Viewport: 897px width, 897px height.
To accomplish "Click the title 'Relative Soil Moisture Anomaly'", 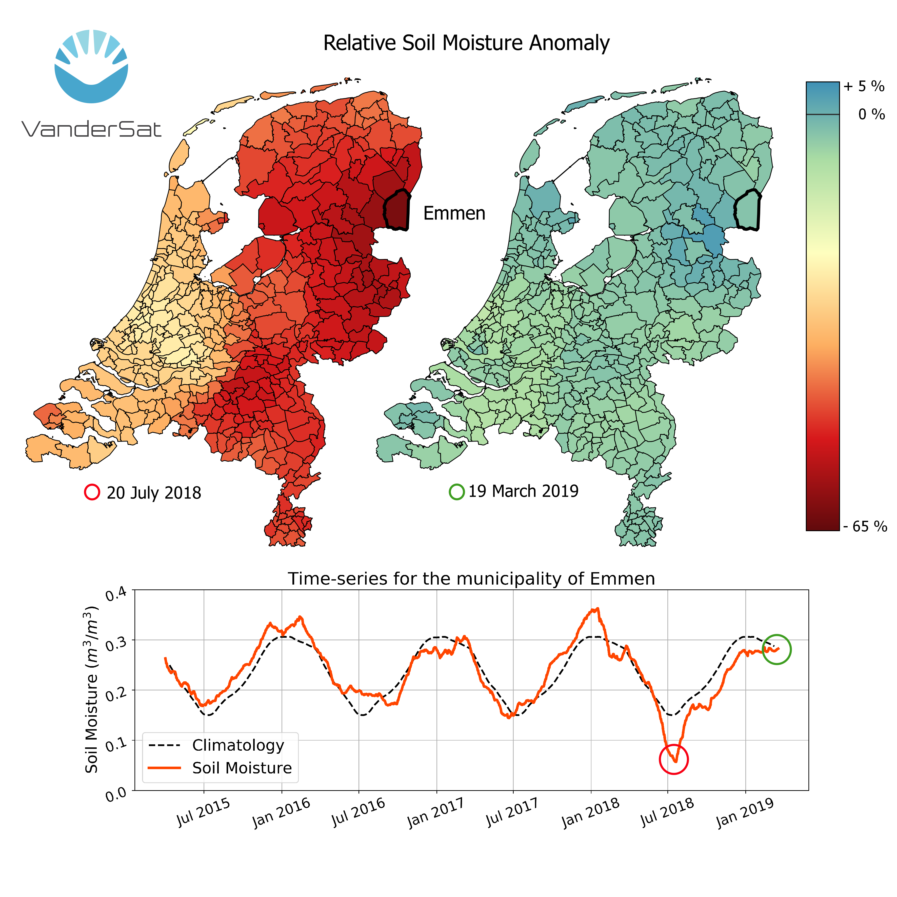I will [x=466, y=43].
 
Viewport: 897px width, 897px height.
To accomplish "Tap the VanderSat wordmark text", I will [x=91, y=129].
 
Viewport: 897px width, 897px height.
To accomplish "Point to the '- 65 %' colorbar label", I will [x=865, y=527].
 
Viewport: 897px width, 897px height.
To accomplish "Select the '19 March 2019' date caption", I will [x=523, y=491].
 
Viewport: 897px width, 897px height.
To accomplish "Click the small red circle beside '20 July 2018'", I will [x=92, y=492].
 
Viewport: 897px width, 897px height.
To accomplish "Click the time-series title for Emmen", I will [x=471, y=579].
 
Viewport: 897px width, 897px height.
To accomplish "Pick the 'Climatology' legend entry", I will [x=238, y=745].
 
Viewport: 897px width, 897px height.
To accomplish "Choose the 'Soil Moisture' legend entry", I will [x=242, y=768].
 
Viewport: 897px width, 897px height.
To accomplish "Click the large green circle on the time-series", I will [x=776, y=649].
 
